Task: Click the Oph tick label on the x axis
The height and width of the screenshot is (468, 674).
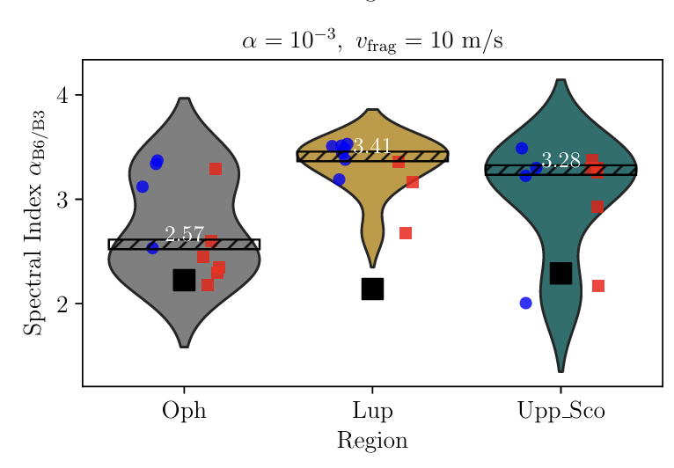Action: tap(184, 410)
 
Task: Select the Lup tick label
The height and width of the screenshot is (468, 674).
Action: tap(372, 410)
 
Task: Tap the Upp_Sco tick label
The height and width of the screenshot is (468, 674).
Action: tap(560, 411)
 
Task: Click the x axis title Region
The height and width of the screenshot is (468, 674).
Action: tap(372, 440)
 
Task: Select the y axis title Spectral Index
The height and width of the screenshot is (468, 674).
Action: tap(33, 223)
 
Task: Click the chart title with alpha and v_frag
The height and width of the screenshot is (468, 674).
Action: tap(372, 41)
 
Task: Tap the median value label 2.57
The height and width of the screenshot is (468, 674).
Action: tap(184, 234)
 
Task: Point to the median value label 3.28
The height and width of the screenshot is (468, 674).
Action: tap(560, 160)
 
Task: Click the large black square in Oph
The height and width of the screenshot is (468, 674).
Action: tap(184, 280)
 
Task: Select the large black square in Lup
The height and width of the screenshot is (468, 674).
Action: tap(372, 289)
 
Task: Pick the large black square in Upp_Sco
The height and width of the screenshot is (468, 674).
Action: tap(560, 273)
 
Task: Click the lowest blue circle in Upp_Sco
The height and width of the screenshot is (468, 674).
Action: tap(526, 303)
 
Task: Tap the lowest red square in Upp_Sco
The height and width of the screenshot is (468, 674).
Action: tap(598, 286)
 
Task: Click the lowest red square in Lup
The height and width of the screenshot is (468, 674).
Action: tap(406, 233)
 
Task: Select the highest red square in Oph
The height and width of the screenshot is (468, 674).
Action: tap(216, 169)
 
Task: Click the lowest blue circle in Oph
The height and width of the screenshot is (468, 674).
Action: tap(152, 248)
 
